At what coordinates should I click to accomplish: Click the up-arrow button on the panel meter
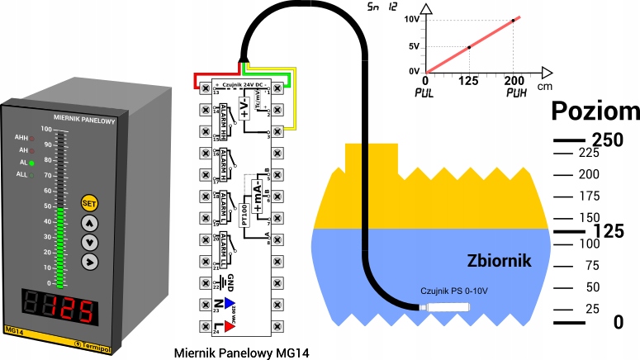pos(89,223)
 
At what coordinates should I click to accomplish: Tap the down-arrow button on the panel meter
pos(89,242)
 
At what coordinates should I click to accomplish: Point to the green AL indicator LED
pos(31,163)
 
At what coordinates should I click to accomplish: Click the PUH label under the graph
pos(517,93)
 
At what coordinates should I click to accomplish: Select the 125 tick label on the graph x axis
pos(469,81)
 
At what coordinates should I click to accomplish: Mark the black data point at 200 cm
pos(513,20)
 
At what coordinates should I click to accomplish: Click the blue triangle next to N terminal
pos(230,303)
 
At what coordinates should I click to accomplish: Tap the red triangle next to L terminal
pos(230,325)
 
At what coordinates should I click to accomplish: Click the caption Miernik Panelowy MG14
pos(242,353)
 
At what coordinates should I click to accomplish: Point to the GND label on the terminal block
pos(231,280)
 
